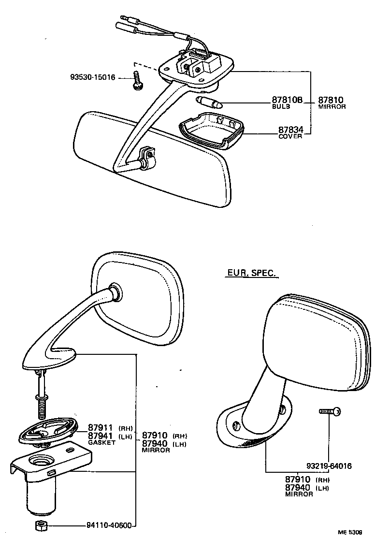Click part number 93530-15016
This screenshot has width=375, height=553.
92,77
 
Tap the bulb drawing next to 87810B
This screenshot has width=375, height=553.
209,102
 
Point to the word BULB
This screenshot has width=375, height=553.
280,106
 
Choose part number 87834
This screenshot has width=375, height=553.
290,130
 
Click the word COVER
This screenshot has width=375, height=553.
290,136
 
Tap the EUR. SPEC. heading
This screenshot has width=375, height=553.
252,273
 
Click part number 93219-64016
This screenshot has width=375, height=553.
329,466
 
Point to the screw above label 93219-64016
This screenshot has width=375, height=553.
330,411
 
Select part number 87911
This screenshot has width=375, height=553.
100,427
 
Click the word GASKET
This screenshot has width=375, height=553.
101,442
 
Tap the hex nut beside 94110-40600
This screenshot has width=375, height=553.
40,526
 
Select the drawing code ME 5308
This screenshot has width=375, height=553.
350,546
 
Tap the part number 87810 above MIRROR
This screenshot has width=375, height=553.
331,100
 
